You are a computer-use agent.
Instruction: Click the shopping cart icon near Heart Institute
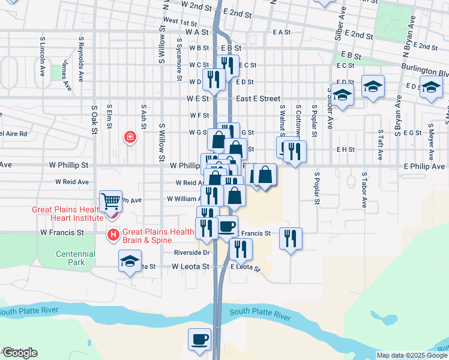110,201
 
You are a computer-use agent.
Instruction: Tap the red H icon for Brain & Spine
112,234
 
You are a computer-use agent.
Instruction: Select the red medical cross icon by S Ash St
129,138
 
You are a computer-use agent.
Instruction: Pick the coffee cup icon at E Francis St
228,226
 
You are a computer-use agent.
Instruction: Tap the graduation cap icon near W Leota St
129,263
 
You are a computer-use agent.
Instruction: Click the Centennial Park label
75,258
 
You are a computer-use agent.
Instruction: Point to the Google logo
19,353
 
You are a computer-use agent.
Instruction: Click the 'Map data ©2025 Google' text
412,355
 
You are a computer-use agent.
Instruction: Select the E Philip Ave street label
424,166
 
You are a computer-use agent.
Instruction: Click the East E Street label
258,98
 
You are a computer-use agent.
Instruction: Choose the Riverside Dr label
191,253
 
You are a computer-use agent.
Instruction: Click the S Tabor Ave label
364,191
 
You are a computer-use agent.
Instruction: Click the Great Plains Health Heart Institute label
67,214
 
